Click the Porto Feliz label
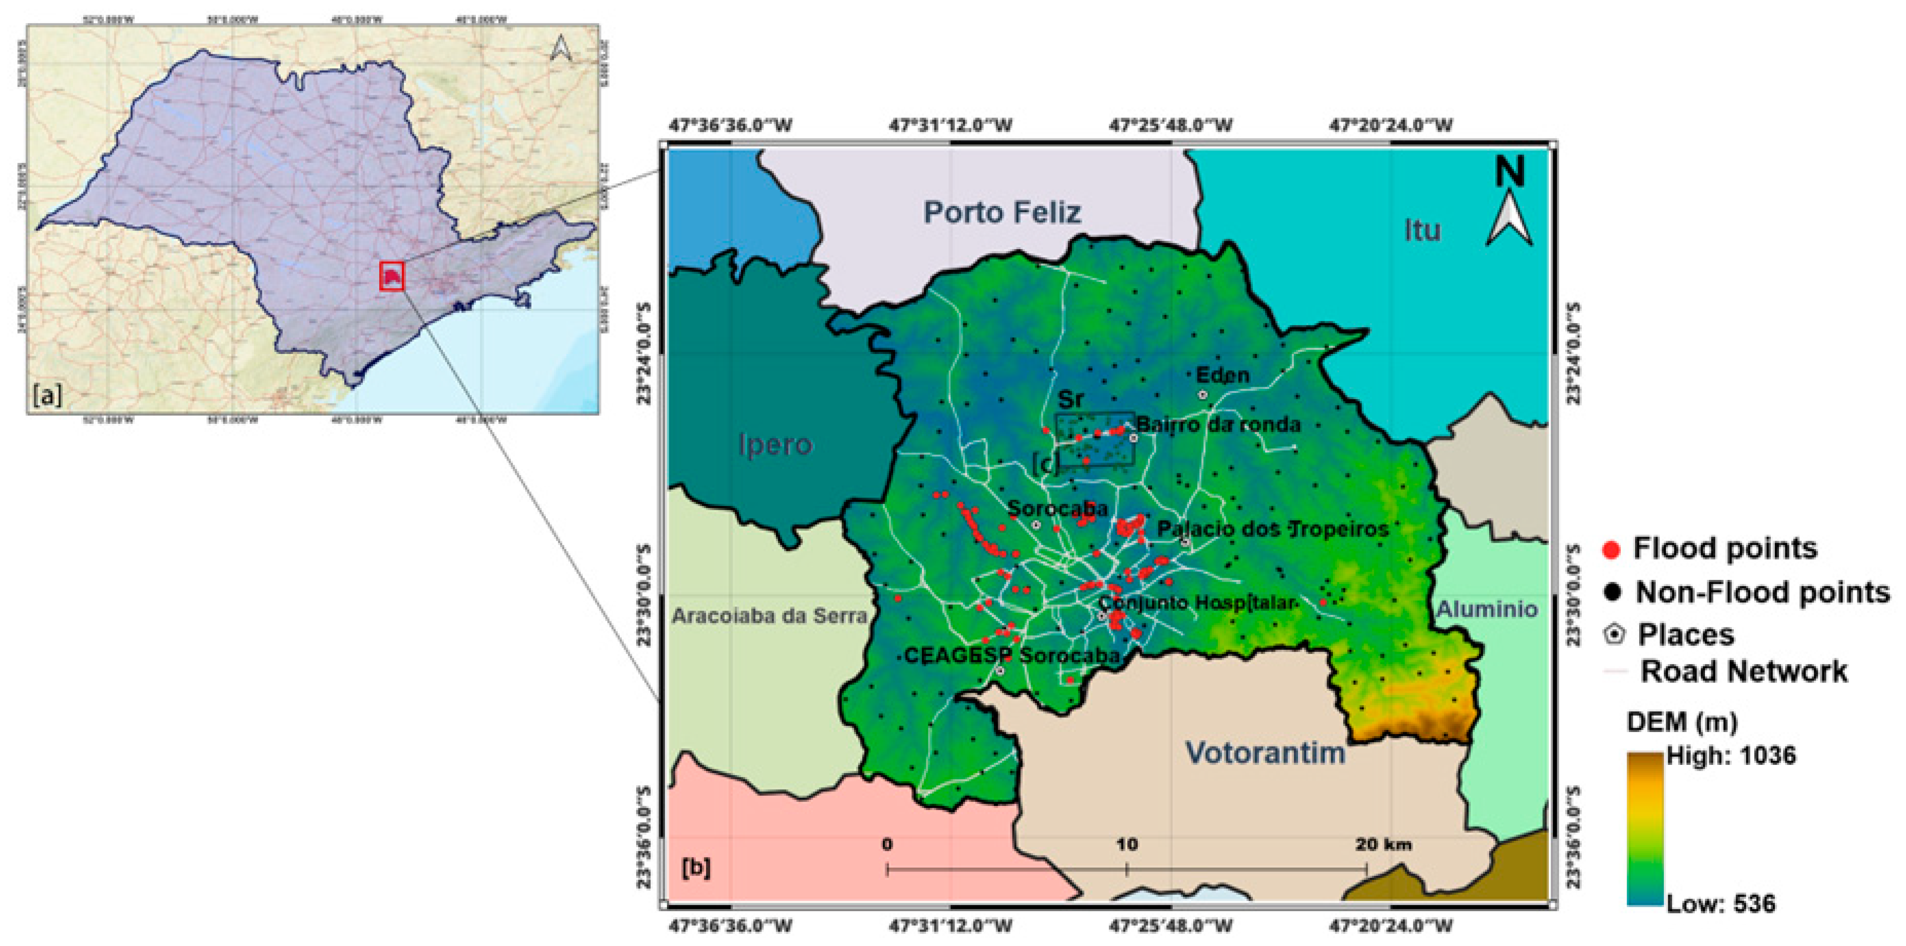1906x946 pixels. tap(1002, 213)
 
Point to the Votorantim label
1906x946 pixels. tap(1265, 753)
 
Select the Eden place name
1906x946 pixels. tap(1222, 375)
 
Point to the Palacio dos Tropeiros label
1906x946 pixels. tap(1272, 529)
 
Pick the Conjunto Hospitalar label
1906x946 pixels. tap(1196, 603)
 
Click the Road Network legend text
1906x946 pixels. tap(1744, 672)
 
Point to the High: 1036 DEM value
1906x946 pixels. tap(1730, 755)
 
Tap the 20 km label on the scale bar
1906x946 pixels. tap(1383, 844)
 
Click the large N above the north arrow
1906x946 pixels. tap(1509, 171)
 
